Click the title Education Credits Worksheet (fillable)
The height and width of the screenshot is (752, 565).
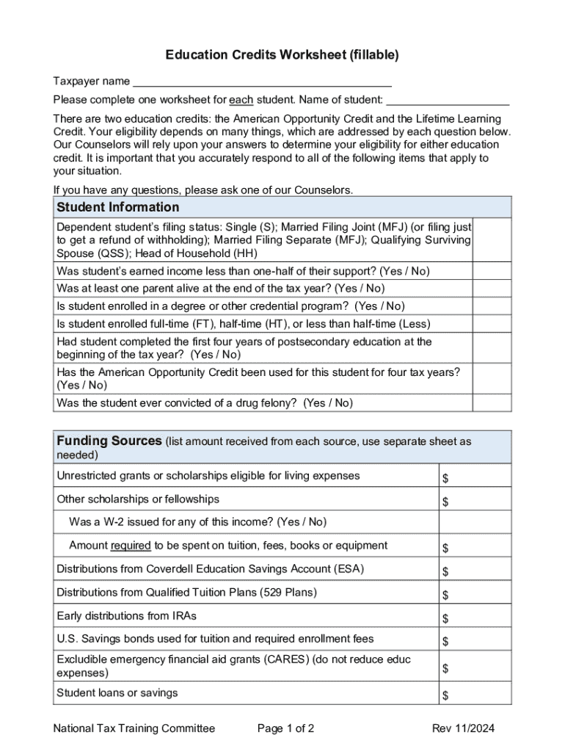tap(282, 55)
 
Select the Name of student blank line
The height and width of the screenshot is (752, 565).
tap(447, 100)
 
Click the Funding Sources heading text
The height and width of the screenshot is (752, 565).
tap(109, 441)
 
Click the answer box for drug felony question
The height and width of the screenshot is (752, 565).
tap(492, 403)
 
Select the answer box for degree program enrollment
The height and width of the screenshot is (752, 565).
tap(492, 306)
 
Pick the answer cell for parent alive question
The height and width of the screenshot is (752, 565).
tap(492, 289)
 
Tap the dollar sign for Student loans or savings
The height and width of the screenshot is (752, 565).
tap(445, 695)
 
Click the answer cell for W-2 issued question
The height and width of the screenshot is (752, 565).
tap(475, 522)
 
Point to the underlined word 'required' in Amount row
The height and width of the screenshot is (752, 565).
tap(131, 546)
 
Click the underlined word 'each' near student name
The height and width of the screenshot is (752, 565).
tap(241, 100)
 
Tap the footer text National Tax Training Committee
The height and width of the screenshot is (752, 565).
tap(134, 728)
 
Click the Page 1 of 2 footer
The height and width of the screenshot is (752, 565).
tap(286, 728)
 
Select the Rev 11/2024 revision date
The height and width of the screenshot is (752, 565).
tap(463, 728)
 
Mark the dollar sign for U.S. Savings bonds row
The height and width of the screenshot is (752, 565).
tap(445, 643)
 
